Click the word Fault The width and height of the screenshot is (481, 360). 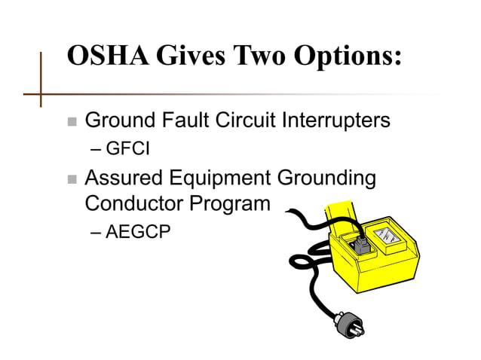(x=188, y=120)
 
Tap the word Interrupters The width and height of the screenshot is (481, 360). (x=340, y=121)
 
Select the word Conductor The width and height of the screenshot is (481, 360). (x=127, y=203)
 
